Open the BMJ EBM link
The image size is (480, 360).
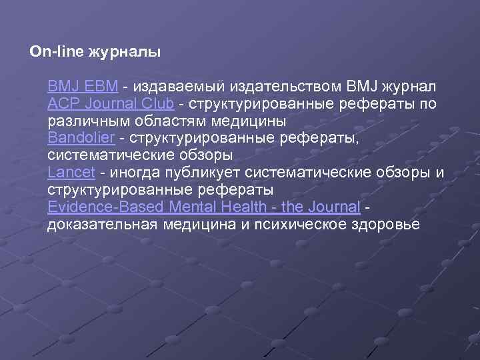click(x=83, y=86)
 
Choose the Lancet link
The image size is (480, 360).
click(x=72, y=173)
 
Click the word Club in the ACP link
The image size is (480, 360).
click(x=157, y=103)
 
